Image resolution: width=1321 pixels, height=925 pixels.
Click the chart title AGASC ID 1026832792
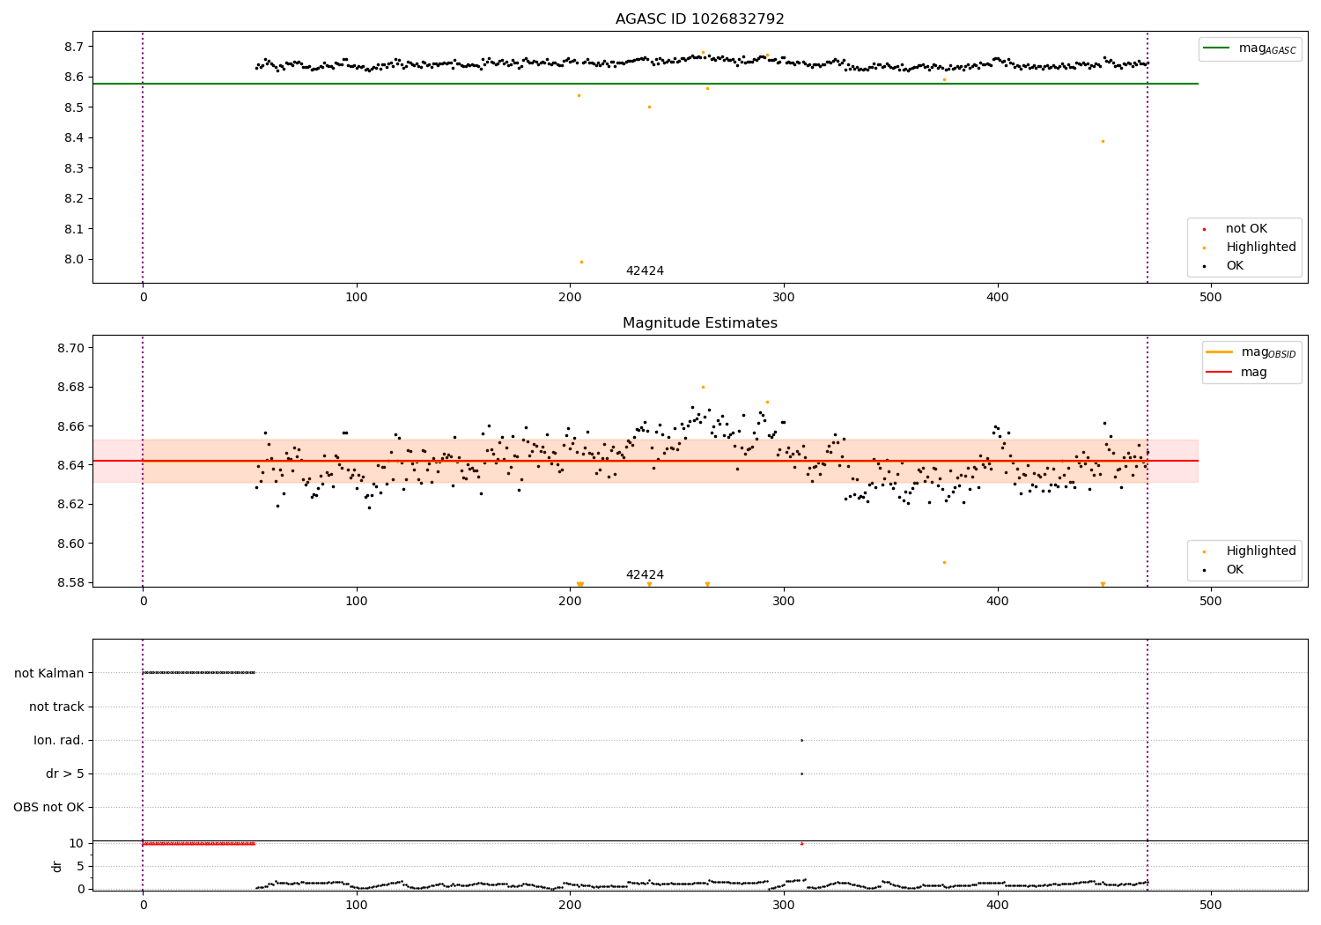pyautogui.click(x=699, y=19)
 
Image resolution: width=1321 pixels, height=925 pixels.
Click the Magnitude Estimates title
pyautogui.click(x=699, y=323)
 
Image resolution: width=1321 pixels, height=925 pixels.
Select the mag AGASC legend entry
pyautogui.click(x=1250, y=48)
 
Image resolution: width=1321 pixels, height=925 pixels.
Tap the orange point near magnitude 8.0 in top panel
pyautogui.click(x=581, y=262)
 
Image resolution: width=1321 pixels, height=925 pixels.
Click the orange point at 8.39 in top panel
pyautogui.click(x=1103, y=141)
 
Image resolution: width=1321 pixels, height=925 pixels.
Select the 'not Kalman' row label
pyautogui.click(x=49, y=673)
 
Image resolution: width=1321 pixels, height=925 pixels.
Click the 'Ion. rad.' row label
pyautogui.click(x=59, y=741)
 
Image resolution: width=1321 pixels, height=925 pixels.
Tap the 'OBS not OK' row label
pyautogui.click(x=49, y=808)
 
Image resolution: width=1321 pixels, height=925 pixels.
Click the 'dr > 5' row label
pyautogui.click(x=64, y=774)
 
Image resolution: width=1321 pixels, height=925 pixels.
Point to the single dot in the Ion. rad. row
pyautogui.click(x=801, y=740)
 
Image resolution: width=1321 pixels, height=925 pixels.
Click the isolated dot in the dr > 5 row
pyautogui.click(x=801, y=773)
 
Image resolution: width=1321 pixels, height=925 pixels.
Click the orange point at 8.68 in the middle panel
pyautogui.click(x=703, y=387)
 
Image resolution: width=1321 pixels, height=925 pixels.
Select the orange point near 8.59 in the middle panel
pyautogui.click(x=944, y=562)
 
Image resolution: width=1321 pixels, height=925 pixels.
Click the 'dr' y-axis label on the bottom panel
pyautogui.click(x=57, y=866)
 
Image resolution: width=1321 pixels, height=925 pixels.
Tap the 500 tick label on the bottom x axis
pyautogui.click(x=1211, y=905)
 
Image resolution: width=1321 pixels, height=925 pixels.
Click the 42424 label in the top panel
pyautogui.click(x=645, y=271)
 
